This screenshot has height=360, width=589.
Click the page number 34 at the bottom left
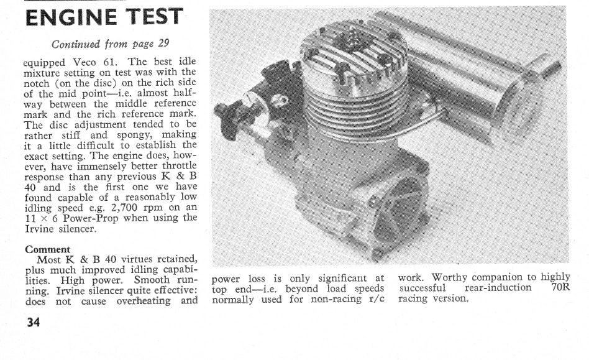click(32, 323)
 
